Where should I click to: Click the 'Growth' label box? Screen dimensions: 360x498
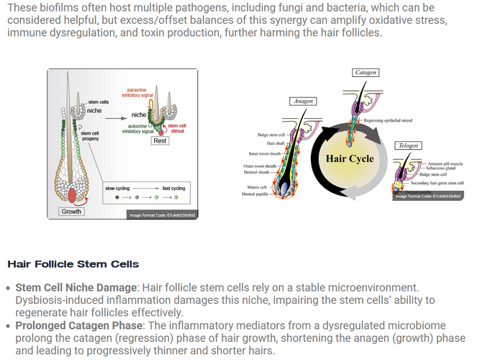click(x=72, y=212)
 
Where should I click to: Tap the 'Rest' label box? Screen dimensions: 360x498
click(x=160, y=141)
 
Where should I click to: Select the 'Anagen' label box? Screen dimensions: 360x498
click(x=303, y=102)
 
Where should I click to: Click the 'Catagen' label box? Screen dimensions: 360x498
click(x=366, y=73)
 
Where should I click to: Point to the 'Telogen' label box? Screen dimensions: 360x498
click(x=408, y=146)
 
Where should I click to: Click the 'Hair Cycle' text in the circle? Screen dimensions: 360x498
click(x=350, y=158)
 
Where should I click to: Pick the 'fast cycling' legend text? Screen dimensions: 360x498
click(x=173, y=188)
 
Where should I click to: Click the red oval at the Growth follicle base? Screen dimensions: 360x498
click(x=72, y=194)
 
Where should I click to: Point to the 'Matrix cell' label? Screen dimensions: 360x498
click(x=255, y=186)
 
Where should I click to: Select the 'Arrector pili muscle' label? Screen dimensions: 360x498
click(x=445, y=163)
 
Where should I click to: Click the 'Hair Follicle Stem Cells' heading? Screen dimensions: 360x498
click(x=73, y=264)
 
